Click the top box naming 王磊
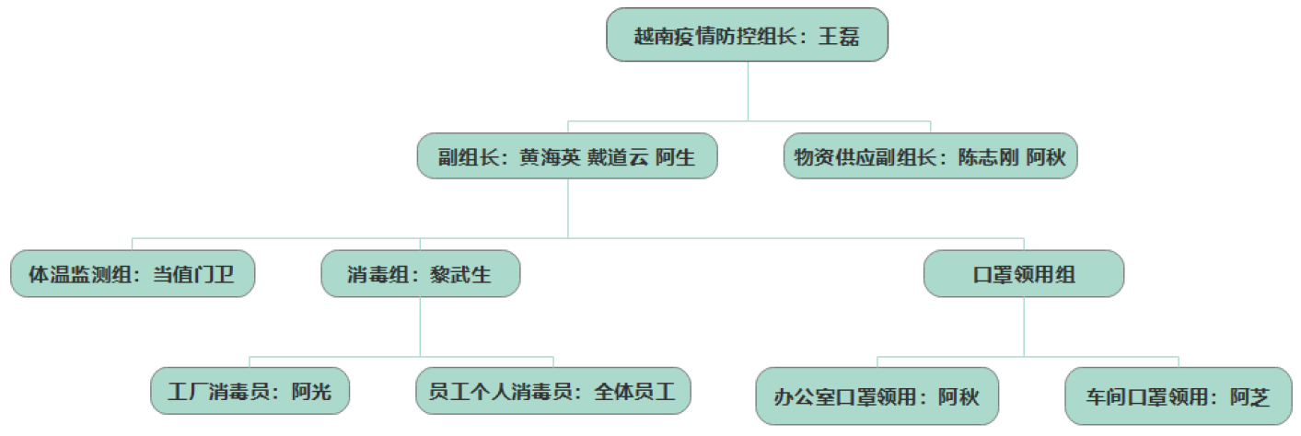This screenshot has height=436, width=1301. click(747, 36)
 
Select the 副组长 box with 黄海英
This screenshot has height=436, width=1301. click(567, 156)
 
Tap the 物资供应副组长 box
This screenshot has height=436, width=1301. click(930, 156)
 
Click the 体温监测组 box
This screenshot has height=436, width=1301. click(133, 274)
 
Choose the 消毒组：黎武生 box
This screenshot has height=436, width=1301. click(421, 274)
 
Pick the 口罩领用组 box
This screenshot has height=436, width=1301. click(1024, 274)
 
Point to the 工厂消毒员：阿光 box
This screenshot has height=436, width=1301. click(250, 393)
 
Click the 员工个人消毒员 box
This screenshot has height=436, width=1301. click(552, 393)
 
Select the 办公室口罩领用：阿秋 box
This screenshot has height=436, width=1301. click(877, 396)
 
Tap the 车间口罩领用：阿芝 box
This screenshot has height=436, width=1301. click(1178, 396)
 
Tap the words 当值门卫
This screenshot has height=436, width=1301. click(196, 275)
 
